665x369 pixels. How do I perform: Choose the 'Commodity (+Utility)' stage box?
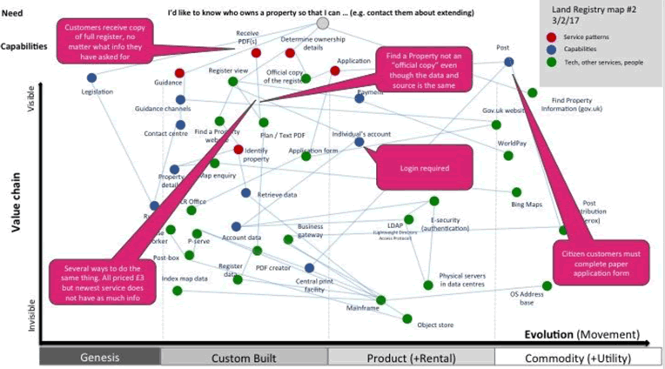click(x=579, y=357)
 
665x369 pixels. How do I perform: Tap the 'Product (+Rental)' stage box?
click(x=411, y=357)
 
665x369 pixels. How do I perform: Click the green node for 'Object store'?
click(x=406, y=319)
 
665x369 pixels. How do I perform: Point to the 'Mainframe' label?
click(x=361, y=309)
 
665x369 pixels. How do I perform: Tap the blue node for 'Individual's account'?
click(x=359, y=142)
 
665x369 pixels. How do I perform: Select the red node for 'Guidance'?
click(x=179, y=73)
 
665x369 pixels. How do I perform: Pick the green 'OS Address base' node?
click(x=547, y=285)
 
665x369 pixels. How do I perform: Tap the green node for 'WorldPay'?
click(x=512, y=155)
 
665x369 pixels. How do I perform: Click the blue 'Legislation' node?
click(x=91, y=77)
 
